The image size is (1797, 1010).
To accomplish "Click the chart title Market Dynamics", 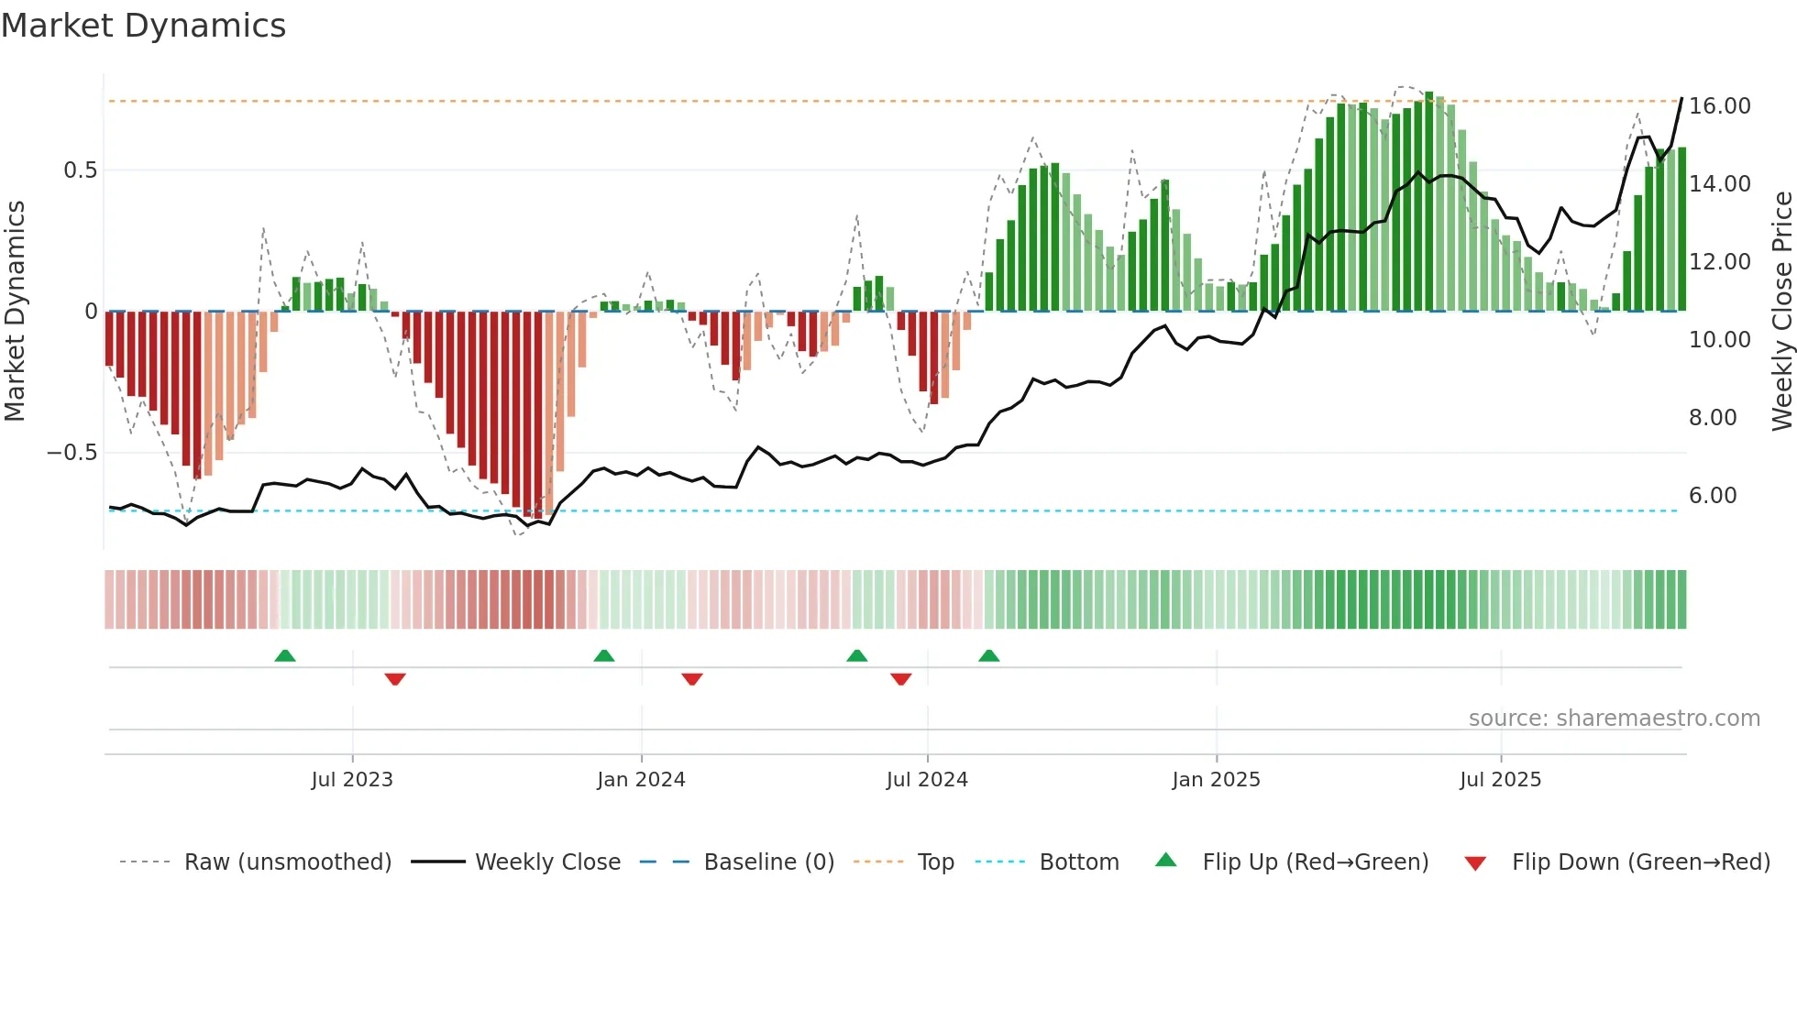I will [x=143, y=26].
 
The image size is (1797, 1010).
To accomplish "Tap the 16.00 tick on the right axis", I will [x=1719, y=106].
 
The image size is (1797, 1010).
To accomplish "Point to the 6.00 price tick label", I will [x=1712, y=496].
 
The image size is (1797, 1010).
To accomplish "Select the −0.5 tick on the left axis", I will [x=72, y=453].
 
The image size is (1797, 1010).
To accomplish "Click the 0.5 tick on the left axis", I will [x=80, y=170].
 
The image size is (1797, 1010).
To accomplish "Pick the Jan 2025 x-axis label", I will [x=1216, y=780].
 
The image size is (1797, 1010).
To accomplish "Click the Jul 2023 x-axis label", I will [x=352, y=780].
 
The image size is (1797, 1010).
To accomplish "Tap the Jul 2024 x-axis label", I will [x=927, y=780].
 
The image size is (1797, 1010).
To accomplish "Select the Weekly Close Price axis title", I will [x=1781, y=311].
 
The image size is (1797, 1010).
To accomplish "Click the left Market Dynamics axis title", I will [x=15, y=311].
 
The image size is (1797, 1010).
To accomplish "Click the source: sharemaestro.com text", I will [x=1614, y=719].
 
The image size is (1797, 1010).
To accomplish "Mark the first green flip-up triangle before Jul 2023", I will [x=285, y=655].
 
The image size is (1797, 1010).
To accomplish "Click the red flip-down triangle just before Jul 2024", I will [x=901, y=679].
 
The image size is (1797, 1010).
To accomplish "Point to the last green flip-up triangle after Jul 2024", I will [x=988, y=655].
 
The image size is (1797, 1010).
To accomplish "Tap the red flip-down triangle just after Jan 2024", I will [x=692, y=679].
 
